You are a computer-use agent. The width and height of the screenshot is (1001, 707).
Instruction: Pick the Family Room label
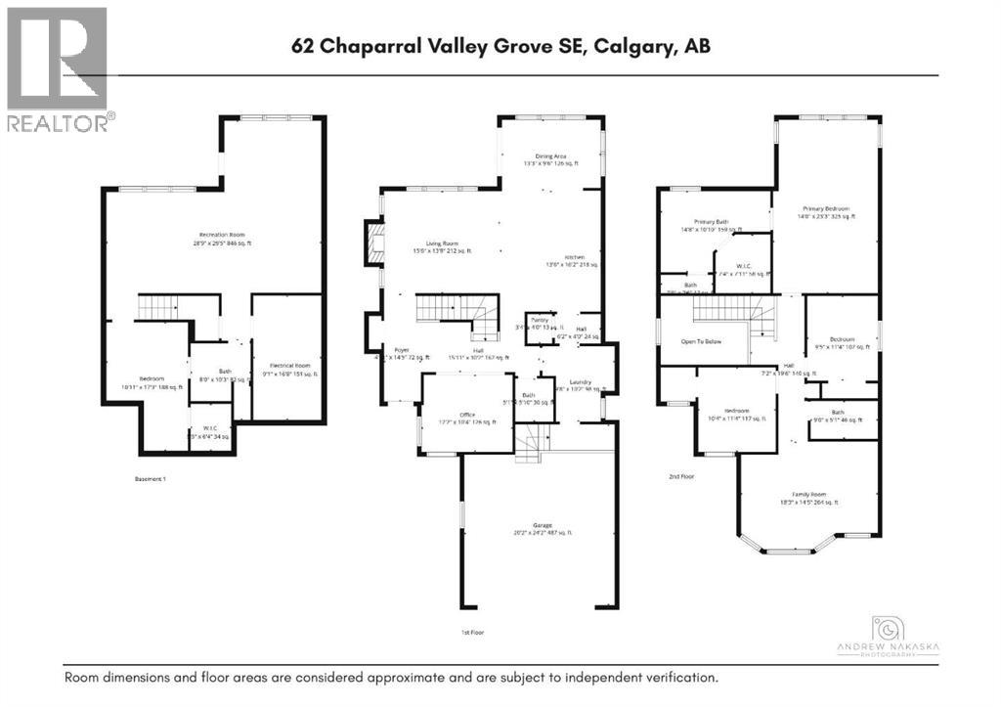point(807,498)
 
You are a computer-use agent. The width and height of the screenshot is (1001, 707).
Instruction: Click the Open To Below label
point(701,342)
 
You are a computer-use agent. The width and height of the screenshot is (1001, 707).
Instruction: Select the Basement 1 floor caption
point(152,479)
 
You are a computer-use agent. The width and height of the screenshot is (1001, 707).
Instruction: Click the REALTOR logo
point(58,68)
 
